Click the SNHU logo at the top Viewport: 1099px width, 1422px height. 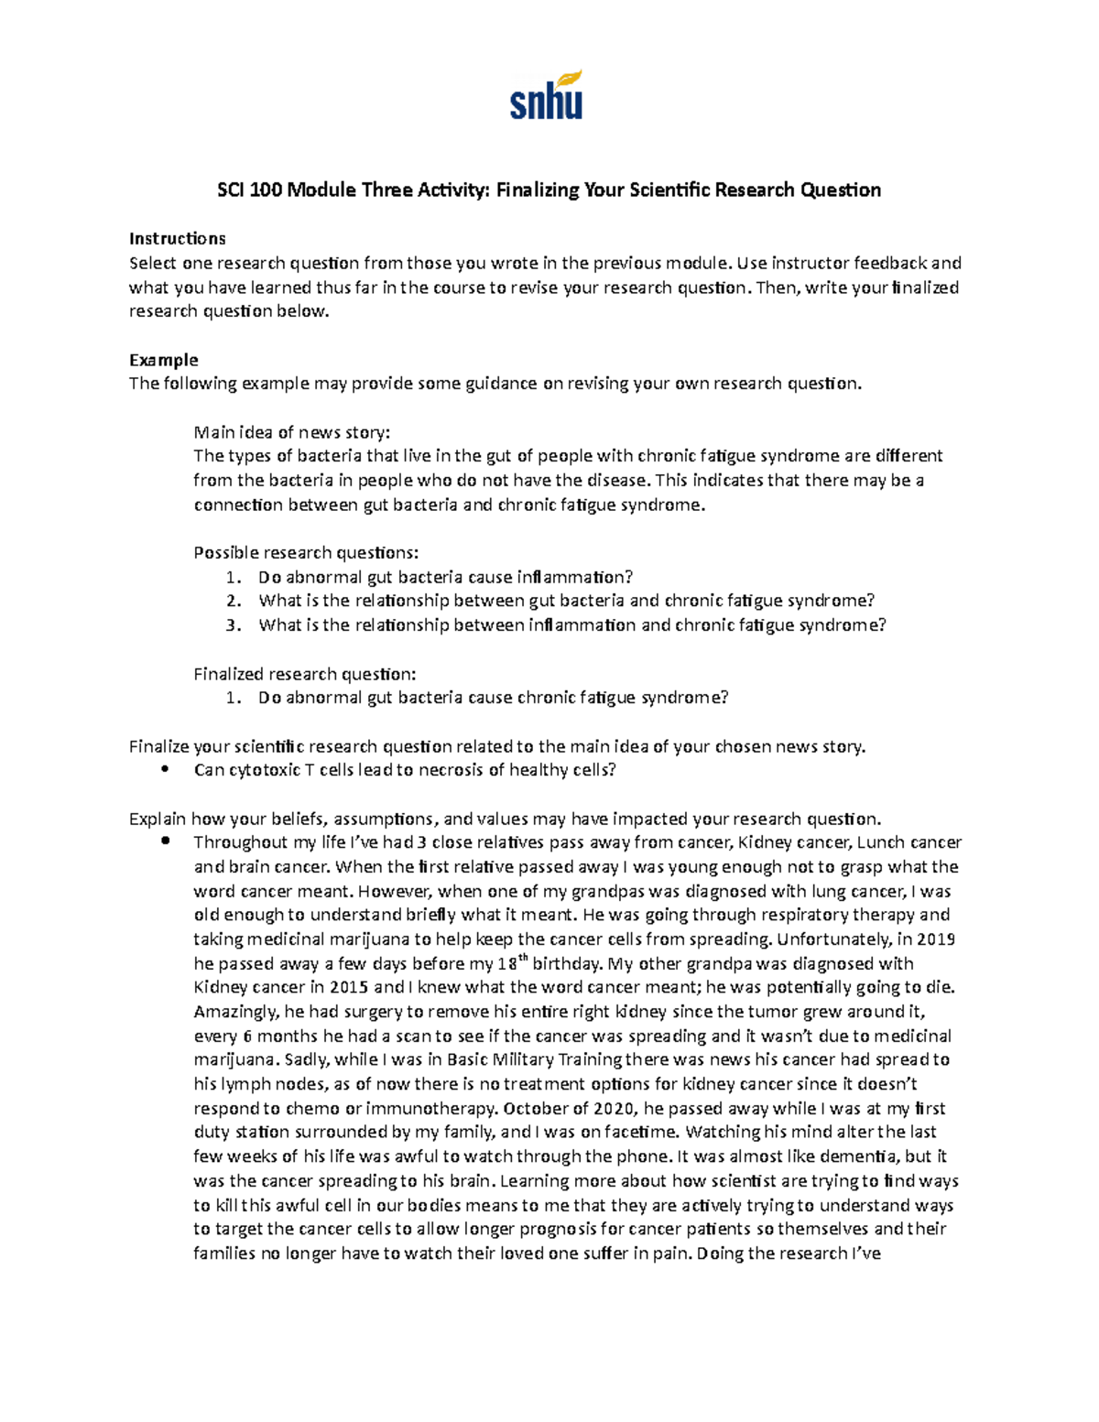point(546,95)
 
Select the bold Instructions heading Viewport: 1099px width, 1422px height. point(177,239)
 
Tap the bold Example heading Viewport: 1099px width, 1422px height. point(163,360)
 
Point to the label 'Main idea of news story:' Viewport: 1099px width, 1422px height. point(291,432)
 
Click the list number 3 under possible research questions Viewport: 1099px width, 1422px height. point(234,625)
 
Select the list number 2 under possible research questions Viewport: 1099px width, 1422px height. point(234,602)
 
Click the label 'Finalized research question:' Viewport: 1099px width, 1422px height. point(304,674)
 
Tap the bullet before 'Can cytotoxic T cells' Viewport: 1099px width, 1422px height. point(165,770)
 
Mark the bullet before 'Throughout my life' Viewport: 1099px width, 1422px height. point(165,841)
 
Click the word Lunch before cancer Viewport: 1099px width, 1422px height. point(881,842)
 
